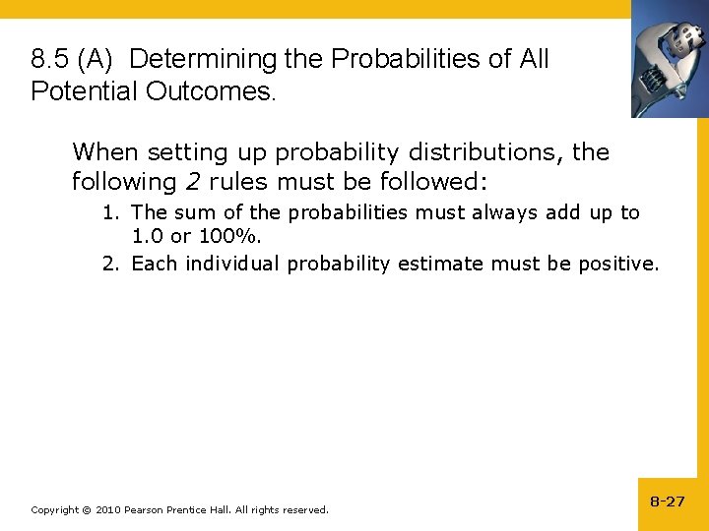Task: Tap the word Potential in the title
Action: point(82,91)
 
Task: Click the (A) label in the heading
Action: point(97,59)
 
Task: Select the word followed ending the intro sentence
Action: point(432,182)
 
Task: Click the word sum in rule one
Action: point(191,212)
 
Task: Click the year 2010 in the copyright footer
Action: point(109,509)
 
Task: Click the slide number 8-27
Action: point(667,501)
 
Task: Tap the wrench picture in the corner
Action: point(670,59)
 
